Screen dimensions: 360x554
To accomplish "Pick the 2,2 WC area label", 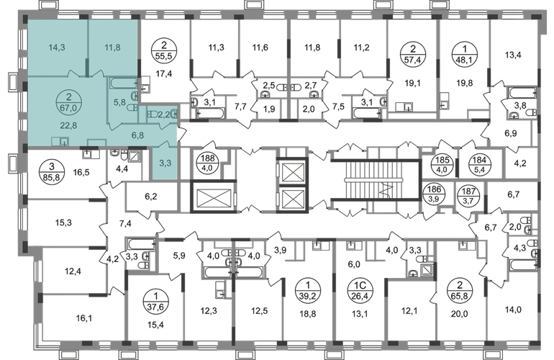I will click(164, 114).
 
